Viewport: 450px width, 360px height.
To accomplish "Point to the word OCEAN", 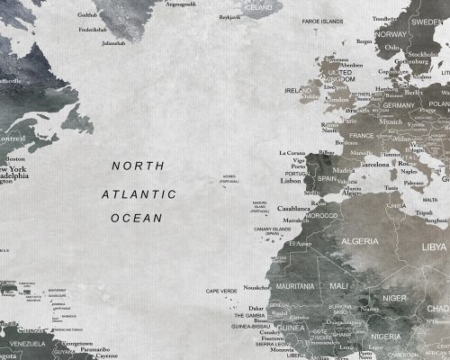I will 136,218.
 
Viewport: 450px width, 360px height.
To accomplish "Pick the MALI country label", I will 338,285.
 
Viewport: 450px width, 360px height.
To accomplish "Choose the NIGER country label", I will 395,296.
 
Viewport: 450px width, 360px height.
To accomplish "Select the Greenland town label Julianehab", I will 113,42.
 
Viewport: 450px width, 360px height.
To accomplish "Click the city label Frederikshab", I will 94,28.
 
